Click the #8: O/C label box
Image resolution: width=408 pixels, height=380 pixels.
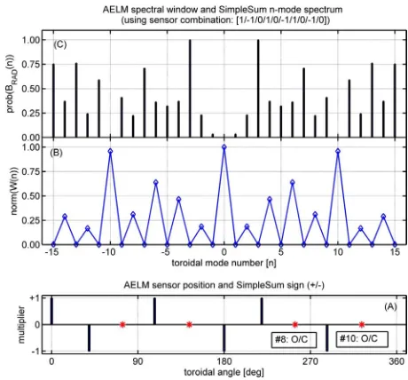tap(294, 339)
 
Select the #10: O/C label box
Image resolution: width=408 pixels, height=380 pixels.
tap(362, 338)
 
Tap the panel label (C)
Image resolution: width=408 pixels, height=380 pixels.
tap(60, 44)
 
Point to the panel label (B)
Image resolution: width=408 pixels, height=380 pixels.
tap(56, 153)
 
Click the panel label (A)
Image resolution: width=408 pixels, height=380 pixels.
tap(390, 306)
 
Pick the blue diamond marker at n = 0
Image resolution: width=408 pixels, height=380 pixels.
tap(224, 147)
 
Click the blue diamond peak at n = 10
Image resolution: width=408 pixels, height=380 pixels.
tap(338, 151)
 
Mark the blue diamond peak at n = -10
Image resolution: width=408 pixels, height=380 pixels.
tap(110, 151)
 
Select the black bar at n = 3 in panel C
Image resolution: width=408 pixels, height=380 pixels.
tap(258, 89)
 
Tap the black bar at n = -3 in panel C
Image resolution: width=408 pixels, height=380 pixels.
tap(190, 89)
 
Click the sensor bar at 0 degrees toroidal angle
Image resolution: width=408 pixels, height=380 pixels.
tap(51, 311)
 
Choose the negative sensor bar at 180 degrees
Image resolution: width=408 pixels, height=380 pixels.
tap(224, 338)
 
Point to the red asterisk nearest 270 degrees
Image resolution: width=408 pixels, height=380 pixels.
tap(294, 325)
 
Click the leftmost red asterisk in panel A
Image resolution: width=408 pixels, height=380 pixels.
tap(122, 325)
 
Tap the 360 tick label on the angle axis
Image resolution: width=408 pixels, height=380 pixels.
tap(396, 361)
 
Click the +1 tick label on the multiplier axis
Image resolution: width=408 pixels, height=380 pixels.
tap(34, 297)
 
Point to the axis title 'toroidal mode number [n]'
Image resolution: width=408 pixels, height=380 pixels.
tap(224, 263)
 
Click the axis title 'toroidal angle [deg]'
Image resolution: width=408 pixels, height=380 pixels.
tap(224, 372)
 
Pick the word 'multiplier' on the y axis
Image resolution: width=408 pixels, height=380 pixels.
tap(21, 325)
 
